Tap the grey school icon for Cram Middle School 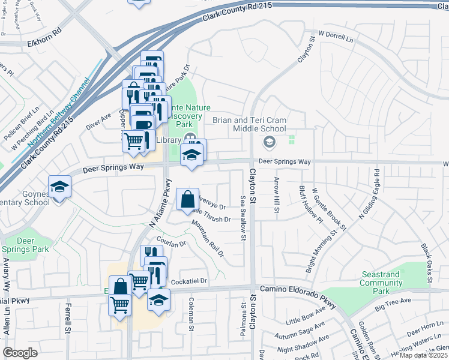coord(269,143)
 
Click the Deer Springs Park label coord(33,245)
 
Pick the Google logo coord(20,353)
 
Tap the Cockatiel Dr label coord(188,281)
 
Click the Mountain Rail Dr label coord(208,239)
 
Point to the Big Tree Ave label coord(393,304)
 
